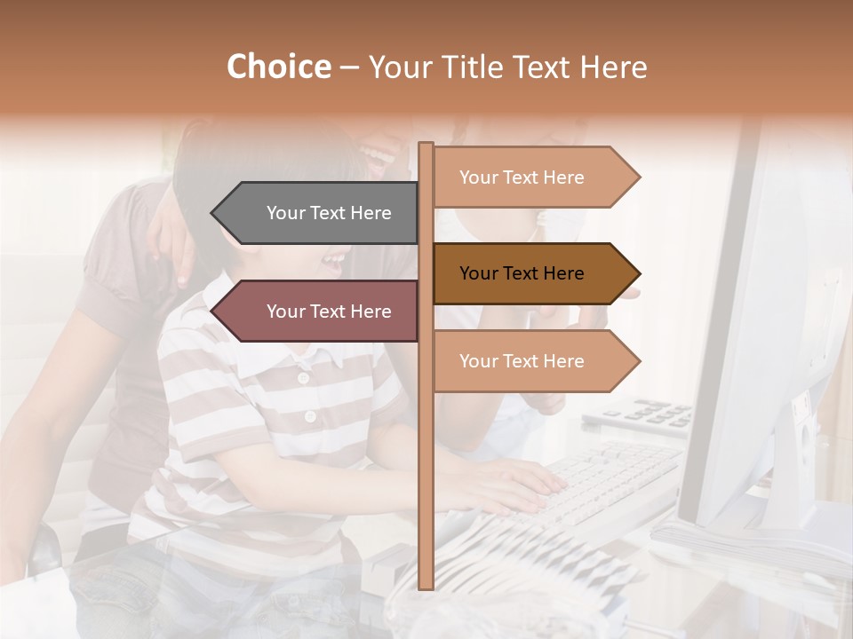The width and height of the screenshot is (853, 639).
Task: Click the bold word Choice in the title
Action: (x=278, y=67)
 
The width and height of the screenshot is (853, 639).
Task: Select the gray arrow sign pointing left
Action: (x=315, y=213)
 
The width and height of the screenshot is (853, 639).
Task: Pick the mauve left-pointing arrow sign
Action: (x=315, y=312)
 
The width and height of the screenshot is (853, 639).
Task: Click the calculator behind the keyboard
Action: (x=649, y=414)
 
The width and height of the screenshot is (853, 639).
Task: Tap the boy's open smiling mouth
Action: (x=333, y=261)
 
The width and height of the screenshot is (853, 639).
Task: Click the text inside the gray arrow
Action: (x=329, y=213)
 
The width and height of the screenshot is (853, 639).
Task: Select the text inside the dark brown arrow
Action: (x=522, y=273)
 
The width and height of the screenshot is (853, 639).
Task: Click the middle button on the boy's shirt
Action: (x=309, y=416)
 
